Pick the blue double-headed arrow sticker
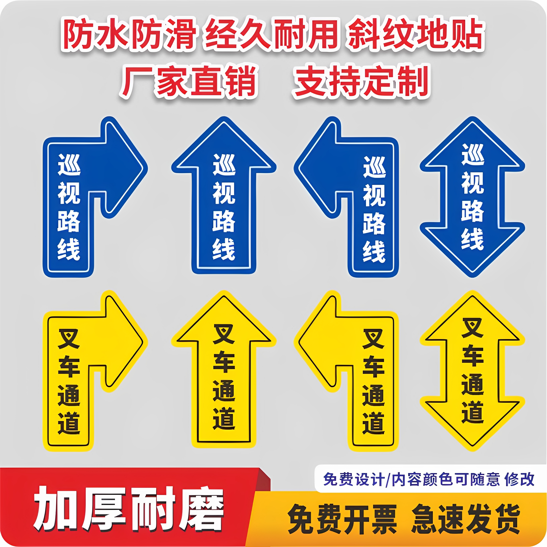click(472, 197)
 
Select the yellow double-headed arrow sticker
click(472, 371)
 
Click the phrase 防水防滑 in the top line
click(129, 34)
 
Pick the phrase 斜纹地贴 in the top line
click(416, 34)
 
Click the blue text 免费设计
click(354, 479)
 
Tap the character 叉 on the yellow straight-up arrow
click(224, 334)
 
